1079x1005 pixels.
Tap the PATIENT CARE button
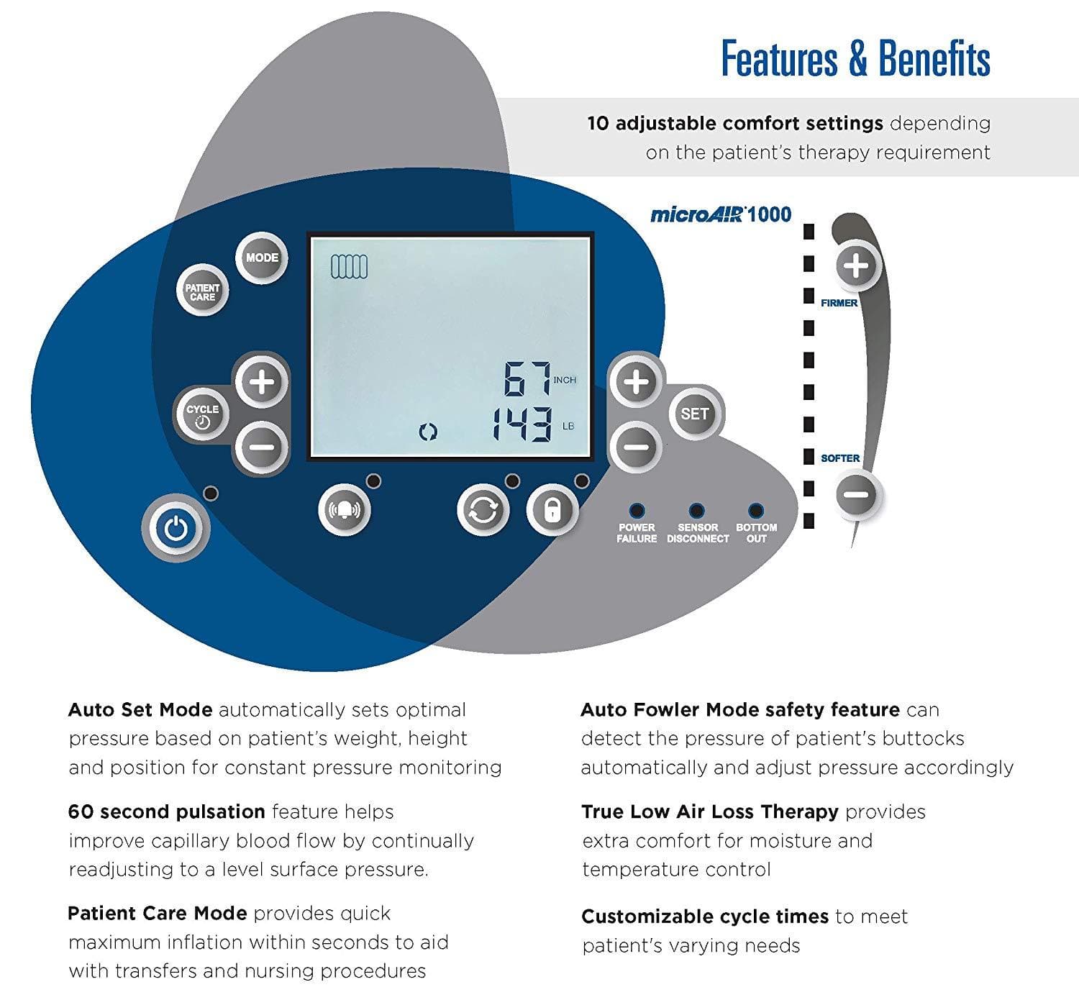pos(202,291)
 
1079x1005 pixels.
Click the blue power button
pos(176,529)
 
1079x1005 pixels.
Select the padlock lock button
pos(552,510)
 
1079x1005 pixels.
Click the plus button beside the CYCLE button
pos(262,381)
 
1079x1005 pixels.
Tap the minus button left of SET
pos(636,447)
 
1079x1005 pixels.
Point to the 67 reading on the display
pos(526,378)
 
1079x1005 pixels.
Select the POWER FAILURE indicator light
pos(637,510)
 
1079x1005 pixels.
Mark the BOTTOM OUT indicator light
pos(755,510)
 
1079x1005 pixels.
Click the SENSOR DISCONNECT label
pos(698,533)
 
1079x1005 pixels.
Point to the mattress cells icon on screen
pos(349,267)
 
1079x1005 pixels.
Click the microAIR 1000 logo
pos(720,214)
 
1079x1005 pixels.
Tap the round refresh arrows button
pos(483,510)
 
